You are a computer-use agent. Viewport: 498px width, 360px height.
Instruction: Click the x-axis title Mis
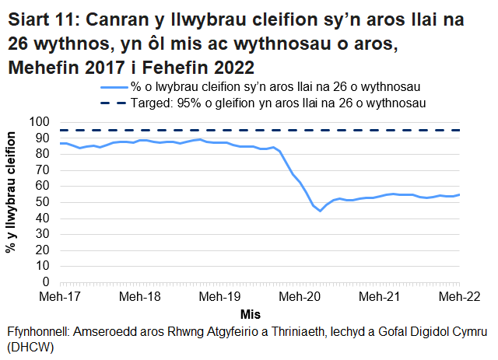click(250, 315)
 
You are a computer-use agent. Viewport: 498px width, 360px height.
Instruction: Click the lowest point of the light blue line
click(320, 211)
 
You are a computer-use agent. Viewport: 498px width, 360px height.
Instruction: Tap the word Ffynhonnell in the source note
click(37, 330)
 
